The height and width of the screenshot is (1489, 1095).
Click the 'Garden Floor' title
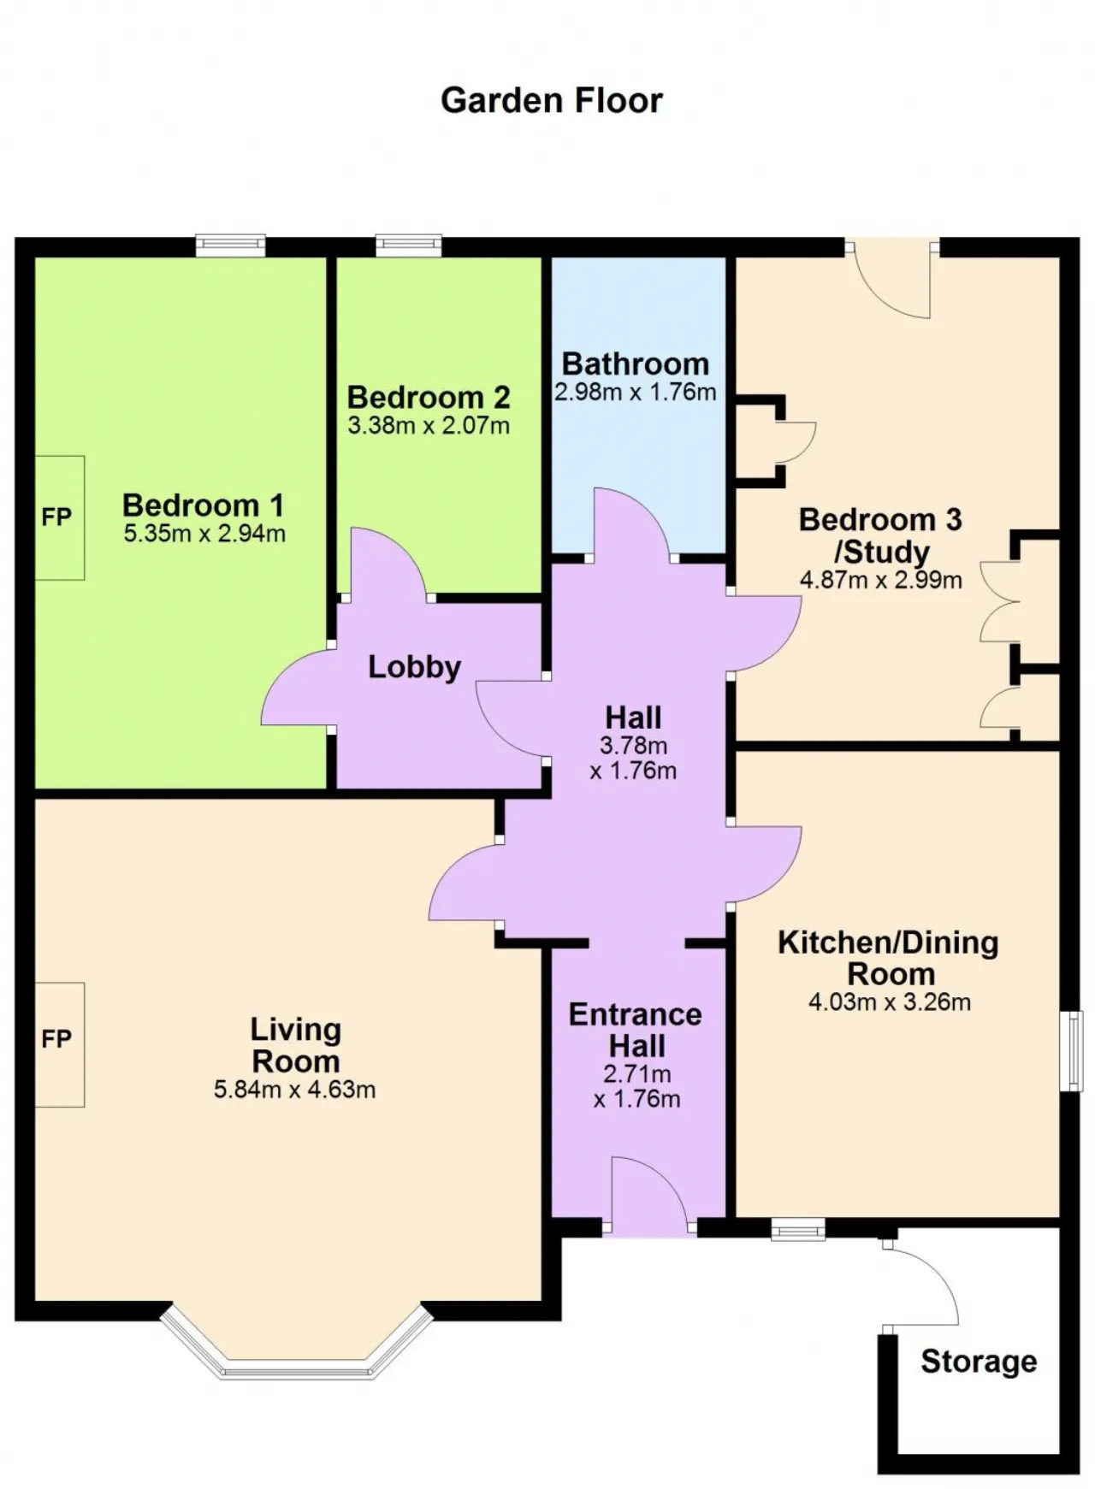click(551, 100)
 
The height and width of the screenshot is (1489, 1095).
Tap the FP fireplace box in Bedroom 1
click(59, 517)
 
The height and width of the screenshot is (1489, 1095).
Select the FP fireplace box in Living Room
click(59, 1044)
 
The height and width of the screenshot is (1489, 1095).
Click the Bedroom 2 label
click(429, 397)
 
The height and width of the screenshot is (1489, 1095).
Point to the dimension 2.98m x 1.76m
click(635, 393)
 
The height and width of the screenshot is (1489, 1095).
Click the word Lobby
click(414, 667)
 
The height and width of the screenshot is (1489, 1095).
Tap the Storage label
click(979, 1361)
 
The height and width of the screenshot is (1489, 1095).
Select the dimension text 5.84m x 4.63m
click(294, 1090)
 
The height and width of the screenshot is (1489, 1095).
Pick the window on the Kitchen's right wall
click(1071, 1051)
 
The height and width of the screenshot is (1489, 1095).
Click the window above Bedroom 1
click(230, 245)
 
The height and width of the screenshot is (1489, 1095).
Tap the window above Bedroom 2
click(409, 245)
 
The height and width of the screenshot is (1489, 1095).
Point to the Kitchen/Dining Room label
click(889, 958)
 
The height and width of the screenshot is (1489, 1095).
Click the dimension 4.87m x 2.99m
click(881, 580)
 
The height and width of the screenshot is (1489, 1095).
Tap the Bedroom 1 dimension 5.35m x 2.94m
click(204, 534)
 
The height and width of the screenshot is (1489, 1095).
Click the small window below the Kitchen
click(798, 1231)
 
